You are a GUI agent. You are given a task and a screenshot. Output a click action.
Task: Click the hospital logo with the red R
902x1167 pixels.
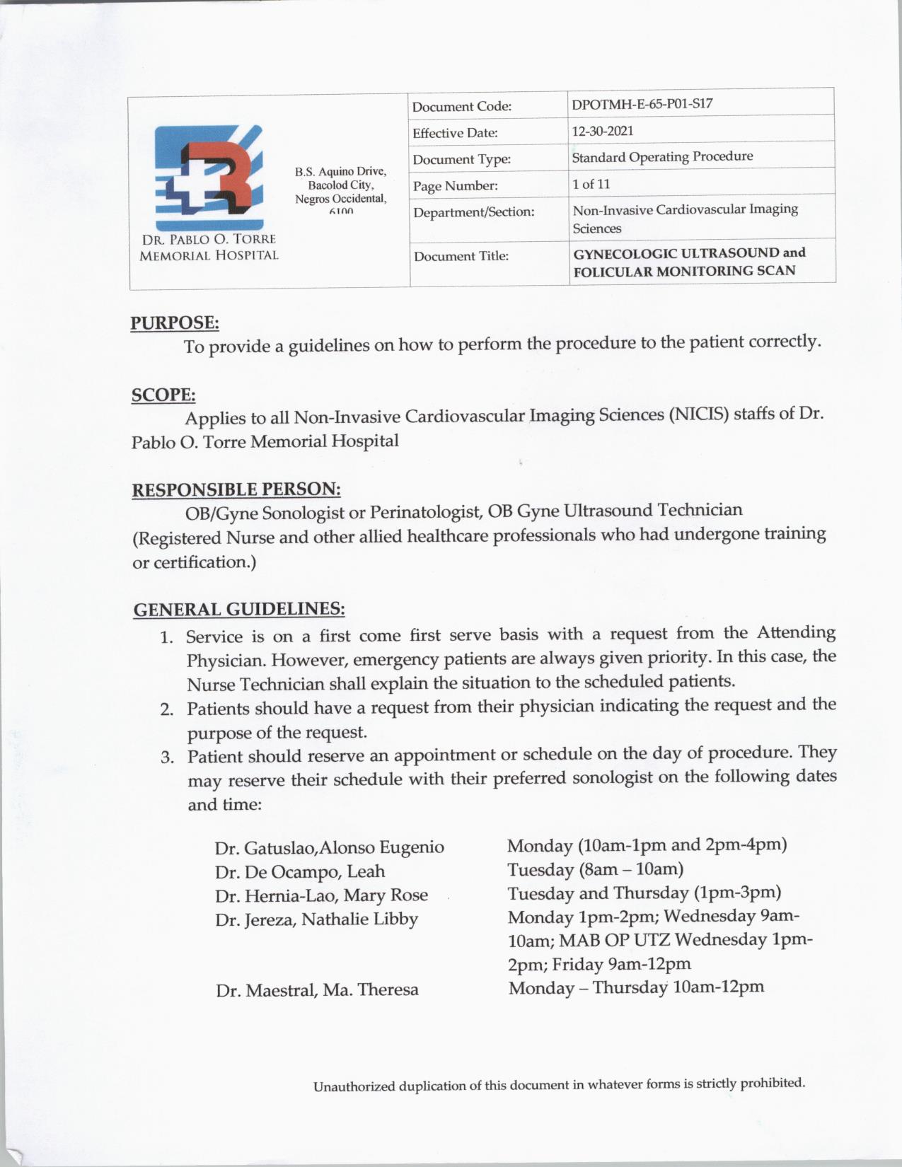pyautogui.click(x=209, y=170)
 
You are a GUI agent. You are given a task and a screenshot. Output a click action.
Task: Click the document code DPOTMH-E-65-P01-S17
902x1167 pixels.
pyautogui.click(x=642, y=104)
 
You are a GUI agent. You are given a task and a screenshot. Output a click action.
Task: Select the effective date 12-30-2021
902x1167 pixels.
pyautogui.click(x=603, y=131)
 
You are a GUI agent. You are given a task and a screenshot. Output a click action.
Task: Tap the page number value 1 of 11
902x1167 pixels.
pyautogui.click(x=591, y=184)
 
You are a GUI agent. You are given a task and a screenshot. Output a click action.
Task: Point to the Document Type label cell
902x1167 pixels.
pyautogui.click(x=461, y=160)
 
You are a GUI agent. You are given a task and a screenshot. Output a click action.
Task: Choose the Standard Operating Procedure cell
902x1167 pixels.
pyautogui.click(x=662, y=156)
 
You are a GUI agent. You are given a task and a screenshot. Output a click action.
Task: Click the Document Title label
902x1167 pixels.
pyautogui.click(x=461, y=256)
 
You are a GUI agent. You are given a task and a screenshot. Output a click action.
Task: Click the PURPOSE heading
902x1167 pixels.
pyautogui.click(x=175, y=323)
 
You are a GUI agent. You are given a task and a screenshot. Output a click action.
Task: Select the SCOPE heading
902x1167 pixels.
pyautogui.click(x=163, y=395)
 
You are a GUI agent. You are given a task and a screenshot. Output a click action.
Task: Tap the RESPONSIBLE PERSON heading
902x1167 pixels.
pyautogui.click(x=236, y=489)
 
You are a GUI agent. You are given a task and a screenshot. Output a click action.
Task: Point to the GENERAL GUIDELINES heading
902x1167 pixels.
pyautogui.click(x=239, y=609)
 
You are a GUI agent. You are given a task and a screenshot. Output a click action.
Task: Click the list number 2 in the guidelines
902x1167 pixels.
pyautogui.click(x=167, y=709)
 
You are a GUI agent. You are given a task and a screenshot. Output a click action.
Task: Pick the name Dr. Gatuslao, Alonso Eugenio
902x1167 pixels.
pyautogui.click(x=330, y=847)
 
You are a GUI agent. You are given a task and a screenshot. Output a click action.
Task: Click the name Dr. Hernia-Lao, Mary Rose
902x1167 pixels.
pyautogui.click(x=322, y=895)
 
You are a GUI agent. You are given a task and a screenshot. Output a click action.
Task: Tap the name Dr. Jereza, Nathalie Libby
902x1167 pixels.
pyautogui.click(x=317, y=919)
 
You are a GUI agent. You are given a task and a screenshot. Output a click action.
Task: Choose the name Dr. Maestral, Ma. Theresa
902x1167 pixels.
pyautogui.click(x=317, y=989)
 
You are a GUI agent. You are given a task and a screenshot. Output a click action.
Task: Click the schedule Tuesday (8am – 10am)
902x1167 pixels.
pyautogui.click(x=595, y=869)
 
